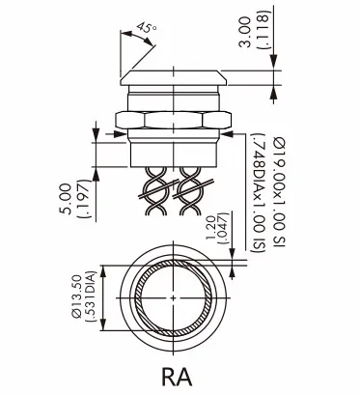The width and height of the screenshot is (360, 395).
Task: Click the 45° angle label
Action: [x=147, y=28]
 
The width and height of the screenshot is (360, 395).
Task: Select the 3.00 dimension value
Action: [x=245, y=32]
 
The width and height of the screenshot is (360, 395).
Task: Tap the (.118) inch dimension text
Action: [x=263, y=30]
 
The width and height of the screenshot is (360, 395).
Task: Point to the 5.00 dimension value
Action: [x=66, y=199]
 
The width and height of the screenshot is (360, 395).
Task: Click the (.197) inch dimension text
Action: [x=84, y=199]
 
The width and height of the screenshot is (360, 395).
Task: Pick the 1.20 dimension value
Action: [x=210, y=228]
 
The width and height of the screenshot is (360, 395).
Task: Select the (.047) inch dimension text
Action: [x=223, y=228]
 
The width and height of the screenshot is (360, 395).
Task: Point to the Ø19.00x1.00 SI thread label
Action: [x=280, y=192]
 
